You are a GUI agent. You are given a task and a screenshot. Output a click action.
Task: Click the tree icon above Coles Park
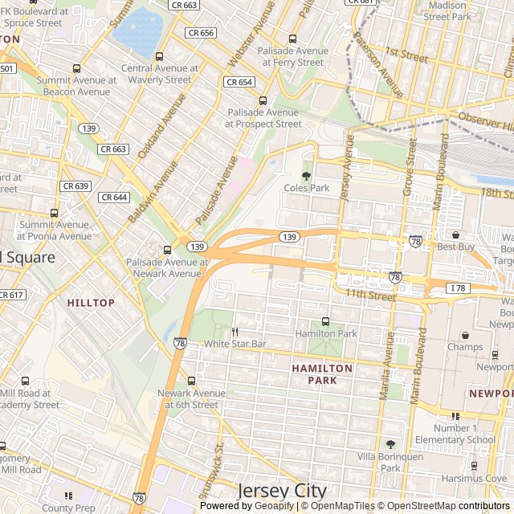pyautogui.click(x=305, y=175)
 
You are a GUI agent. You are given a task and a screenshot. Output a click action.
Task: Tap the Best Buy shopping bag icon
pyautogui.click(x=456, y=235)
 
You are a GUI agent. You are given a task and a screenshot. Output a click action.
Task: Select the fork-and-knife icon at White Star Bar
pyautogui.click(x=235, y=332)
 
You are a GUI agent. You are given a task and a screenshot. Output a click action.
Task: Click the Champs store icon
pyautogui.click(x=465, y=335)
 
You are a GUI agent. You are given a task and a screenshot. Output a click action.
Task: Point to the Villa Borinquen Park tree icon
pyautogui.click(x=390, y=444)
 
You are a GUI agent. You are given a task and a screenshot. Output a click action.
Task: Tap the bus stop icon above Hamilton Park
pyautogui.click(x=325, y=321)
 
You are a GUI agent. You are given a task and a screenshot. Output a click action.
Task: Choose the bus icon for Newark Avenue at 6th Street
pyautogui.click(x=191, y=381)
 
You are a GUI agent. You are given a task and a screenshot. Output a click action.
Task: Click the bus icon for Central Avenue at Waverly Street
pyautogui.click(x=159, y=57)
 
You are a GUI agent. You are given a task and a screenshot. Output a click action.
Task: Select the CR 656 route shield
pyautogui.click(x=200, y=33)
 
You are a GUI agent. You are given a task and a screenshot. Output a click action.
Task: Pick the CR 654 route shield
pyautogui.click(x=239, y=82)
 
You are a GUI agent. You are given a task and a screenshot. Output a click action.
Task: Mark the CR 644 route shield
pyautogui.click(x=114, y=197)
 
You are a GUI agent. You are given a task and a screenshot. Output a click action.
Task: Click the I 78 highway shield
pyautogui.click(x=457, y=288)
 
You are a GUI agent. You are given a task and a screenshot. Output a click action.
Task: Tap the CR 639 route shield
pyautogui.click(x=75, y=186)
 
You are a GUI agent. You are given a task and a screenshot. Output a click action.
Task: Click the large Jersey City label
pyautogui.click(x=282, y=491)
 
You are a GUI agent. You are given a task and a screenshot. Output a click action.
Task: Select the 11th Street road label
pyautogui.click(x=371, y=296)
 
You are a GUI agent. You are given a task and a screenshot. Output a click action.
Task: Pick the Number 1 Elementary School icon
pyautogui.click(x=455, y=416)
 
